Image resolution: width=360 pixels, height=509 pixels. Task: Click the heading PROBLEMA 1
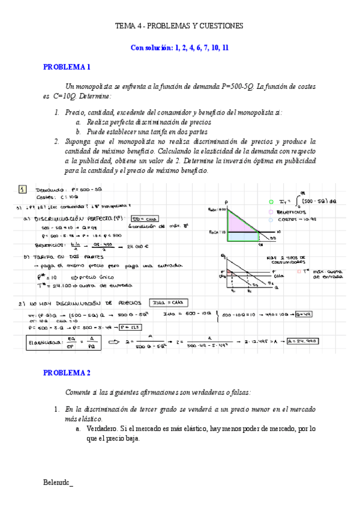[67, 67]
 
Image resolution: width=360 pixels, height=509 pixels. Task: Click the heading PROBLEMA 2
[67, 373]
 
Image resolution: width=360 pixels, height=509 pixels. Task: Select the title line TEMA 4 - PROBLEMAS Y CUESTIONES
[179, 26]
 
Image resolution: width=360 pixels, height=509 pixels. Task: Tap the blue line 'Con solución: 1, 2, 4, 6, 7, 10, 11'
[179, 47]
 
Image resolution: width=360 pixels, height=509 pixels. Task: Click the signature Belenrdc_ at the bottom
[58, 482]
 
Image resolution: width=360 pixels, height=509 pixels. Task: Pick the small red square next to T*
[299, 271]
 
